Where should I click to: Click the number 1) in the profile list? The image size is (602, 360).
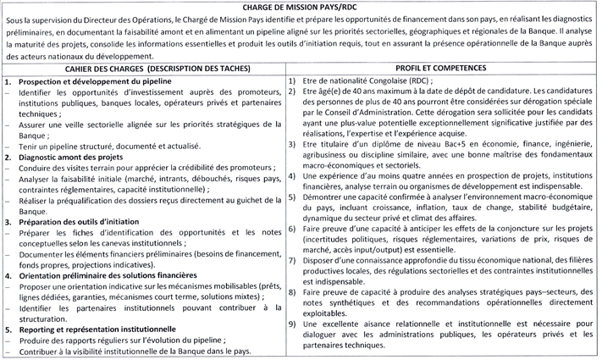(292, 80)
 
